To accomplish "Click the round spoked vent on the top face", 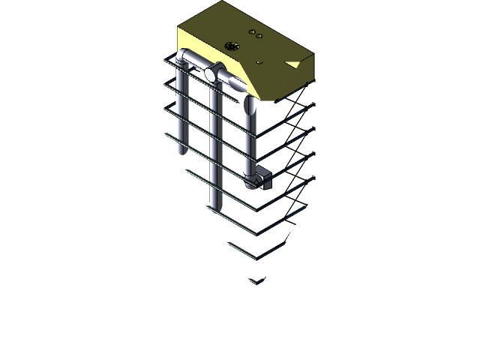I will pos(232,46).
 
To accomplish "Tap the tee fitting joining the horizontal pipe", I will pos(213,73).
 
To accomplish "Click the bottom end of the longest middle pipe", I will pos(215,205).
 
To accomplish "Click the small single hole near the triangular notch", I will pos(259,62).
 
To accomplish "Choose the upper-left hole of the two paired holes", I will pos(251,31).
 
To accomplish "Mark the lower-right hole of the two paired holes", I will pos(259,35).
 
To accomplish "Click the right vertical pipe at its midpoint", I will pos(250,142).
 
